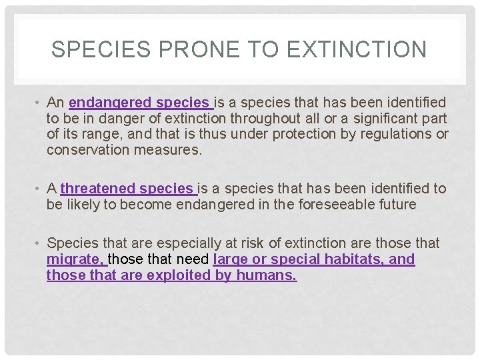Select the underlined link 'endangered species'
pos(139,103)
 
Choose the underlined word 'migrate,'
pos(75,259)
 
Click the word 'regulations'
pos(393,134)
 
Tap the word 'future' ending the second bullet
pos(396,205)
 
